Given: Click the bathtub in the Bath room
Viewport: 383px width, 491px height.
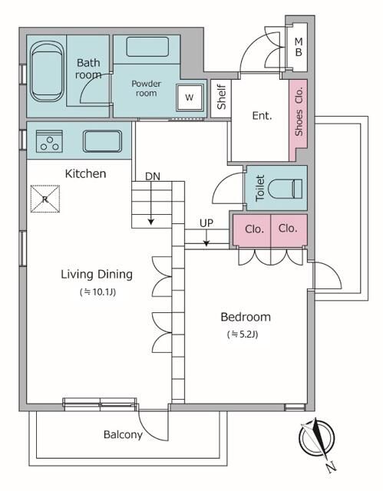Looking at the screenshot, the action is pyautogui.click(x=48, y=71).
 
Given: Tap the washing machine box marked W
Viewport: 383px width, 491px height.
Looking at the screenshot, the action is pyautogui.click(x=190, y=97).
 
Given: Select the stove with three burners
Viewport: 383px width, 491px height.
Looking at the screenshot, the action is pyautogui.click(x=49, y=141).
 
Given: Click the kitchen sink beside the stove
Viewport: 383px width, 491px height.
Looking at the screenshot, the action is pyautogui.click(x=102, y=141).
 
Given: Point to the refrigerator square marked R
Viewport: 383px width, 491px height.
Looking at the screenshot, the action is pyautogui.click(x=45, y=199).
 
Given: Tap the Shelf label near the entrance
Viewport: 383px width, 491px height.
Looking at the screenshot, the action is pyautogui.click(x=221, y=97).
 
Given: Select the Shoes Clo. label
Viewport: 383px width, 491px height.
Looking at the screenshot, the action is pyautogui.click(x=299, y=111).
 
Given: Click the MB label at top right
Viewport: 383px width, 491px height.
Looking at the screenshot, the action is pyautogui.click(x=299, y=47).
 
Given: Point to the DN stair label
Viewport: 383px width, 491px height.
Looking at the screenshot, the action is pyautogui.click(x=153, y=176).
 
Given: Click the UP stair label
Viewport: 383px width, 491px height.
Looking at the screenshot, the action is pyautogui.click(x=206, y=223).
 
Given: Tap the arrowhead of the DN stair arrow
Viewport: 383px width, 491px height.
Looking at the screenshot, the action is pyautogui.click(x=151, y=222).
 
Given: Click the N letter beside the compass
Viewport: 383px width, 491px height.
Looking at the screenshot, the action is pyautogui.click(x=331, y=467).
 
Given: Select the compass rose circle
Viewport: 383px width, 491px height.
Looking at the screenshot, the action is pyautogui.click(x=316, y=438).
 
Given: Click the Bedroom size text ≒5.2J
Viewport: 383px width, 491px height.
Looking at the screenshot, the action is pyautogui.click(x=243, y=334).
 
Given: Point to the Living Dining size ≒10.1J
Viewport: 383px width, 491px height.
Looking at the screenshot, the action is pyautogui.click(x=98, y=292).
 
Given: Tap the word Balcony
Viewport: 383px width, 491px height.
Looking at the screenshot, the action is pyautogui.click(x=123, y=435).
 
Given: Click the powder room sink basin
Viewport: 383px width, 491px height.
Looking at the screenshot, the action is pyautogui.click(x=147, y=47).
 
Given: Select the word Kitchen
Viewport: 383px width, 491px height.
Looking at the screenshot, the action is pyautogui.click(x=85, y=173).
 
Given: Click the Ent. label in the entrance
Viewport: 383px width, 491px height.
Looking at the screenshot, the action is pyautogui.click(x=262, y=116).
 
